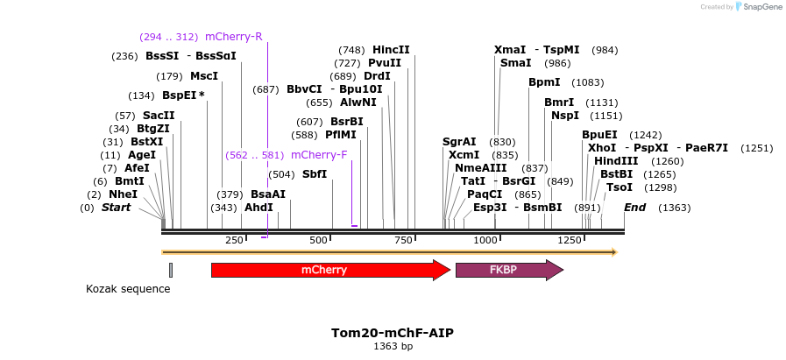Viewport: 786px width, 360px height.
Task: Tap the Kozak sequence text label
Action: pos(128,289)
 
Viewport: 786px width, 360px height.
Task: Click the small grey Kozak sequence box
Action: pos(171,270)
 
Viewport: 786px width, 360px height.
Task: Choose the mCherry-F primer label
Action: pos(318,155)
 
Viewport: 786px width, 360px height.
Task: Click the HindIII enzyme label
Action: pos(615,161)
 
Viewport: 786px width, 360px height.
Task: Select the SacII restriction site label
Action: pos(159,116)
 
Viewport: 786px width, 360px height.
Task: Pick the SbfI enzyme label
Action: pos(315,174)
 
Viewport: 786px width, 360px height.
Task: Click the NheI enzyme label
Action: pos(124,194)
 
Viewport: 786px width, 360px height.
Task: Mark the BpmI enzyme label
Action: pos(544,82)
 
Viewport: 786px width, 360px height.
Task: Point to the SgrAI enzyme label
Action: pos(459,142)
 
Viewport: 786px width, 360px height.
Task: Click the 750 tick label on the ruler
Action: pos(402,240)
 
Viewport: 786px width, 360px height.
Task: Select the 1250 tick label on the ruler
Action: pos(570,240)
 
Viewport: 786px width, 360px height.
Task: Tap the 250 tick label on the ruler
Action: pos(235,240)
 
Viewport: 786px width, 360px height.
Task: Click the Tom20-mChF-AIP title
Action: pos(392,333)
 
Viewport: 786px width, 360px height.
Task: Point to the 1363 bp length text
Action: pos(393,347)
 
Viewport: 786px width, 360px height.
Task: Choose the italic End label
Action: pos(635,208)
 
